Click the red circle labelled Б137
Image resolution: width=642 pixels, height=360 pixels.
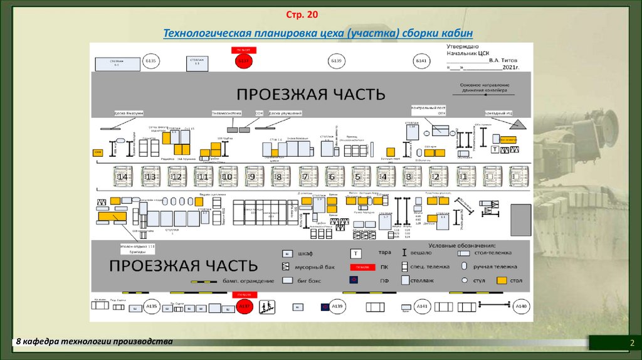[x=243, y=61]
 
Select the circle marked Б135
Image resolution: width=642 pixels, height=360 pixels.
[x=151, y=61]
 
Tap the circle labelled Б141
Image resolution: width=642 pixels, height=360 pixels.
[x=421, y=61]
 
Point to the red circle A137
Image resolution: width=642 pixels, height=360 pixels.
[x=244, y=307]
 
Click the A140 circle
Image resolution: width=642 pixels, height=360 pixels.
[x=520, y=307]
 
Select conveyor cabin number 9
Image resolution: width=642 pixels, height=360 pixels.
[x=255, y=177]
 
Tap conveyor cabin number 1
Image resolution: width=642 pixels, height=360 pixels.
[x=465, y=177]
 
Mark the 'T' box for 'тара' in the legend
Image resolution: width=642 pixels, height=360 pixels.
[x=355, y=253]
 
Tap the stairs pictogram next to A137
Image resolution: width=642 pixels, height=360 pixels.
[x=266, y=307]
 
